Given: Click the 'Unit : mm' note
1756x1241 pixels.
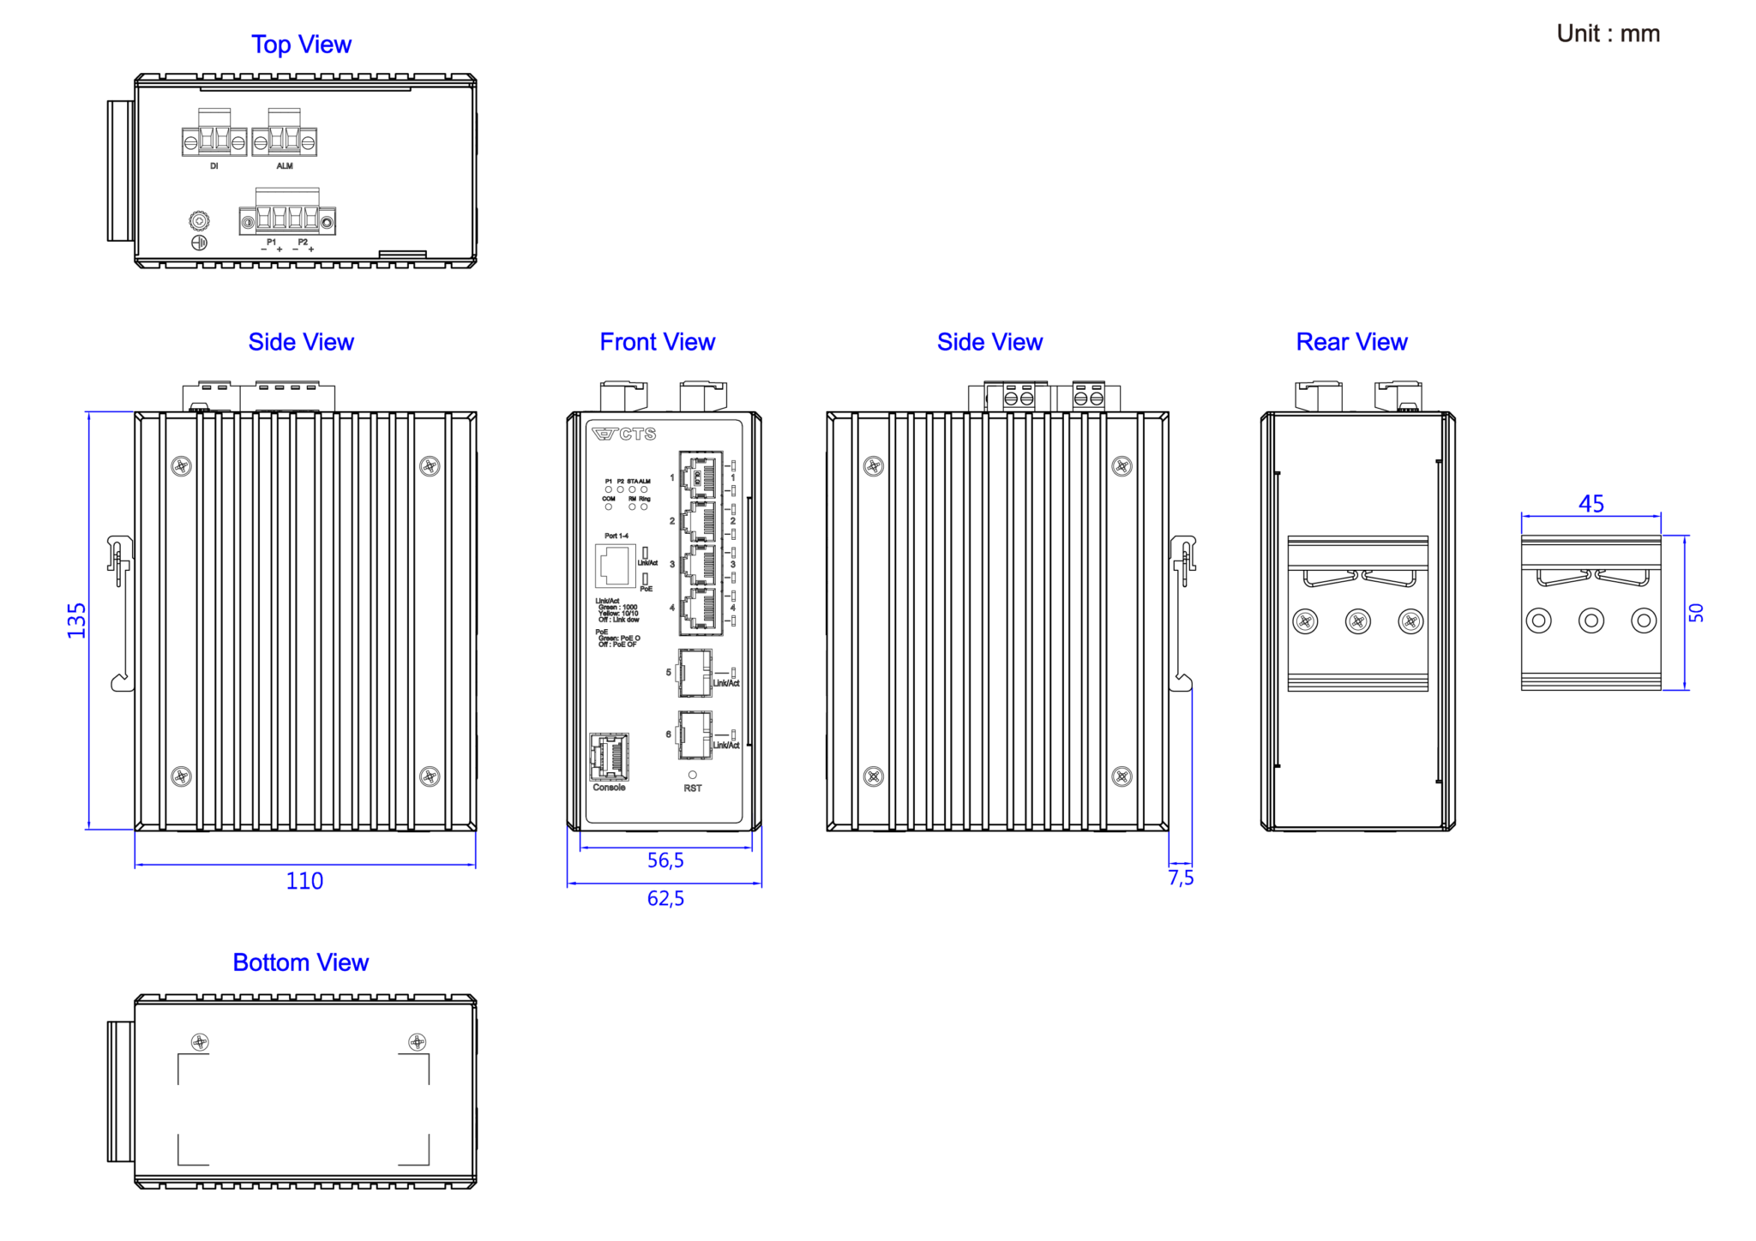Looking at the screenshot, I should pos(1608,33).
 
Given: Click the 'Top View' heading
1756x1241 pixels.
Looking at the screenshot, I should pos(301,45).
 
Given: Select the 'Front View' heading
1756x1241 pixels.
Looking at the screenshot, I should pos(657,342).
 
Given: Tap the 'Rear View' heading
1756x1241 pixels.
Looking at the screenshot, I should pos(1351,342).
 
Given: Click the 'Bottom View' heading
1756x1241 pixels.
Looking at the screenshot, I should pos(300,962).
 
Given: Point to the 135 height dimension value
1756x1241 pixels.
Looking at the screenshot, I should pos(77,620).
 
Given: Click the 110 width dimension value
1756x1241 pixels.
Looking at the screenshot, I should pos(304,881).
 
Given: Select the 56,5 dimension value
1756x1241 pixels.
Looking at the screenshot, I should pos(665,860).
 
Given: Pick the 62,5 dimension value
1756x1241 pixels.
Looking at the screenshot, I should pos(665,898).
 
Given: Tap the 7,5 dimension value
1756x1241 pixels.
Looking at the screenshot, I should pos(1181,878).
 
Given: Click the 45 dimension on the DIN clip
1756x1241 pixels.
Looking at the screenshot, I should pos(1591,504).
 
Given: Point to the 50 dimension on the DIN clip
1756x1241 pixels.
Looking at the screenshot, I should pos(1696,613).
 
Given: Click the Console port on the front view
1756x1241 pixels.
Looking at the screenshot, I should pos(609,756).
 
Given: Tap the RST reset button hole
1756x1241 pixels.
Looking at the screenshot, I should pos(693,775).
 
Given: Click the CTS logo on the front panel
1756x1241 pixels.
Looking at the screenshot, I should pos(624,435).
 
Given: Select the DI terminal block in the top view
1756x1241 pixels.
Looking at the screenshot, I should pos(214,141).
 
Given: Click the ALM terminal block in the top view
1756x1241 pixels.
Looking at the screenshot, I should pos(285,141).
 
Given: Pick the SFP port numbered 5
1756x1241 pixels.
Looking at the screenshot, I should pos(695,672).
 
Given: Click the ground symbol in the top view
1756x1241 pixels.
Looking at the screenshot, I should pos(199,243).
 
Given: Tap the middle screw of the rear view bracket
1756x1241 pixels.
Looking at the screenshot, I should pos(1358,621).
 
